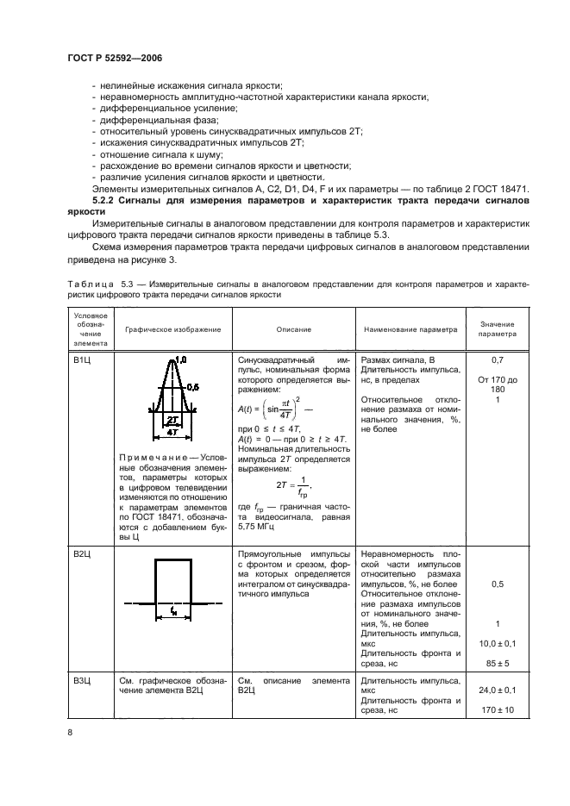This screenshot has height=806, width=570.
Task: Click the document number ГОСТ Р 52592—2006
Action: point(115,58)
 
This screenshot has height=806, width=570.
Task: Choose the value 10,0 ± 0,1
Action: point(497,644)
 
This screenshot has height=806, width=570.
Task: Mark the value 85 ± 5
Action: point(497,663)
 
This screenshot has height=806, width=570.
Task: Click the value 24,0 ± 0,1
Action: point(497,691)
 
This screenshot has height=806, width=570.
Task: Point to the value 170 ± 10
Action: point(497,710)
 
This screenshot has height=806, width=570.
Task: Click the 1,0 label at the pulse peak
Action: point(180,359)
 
